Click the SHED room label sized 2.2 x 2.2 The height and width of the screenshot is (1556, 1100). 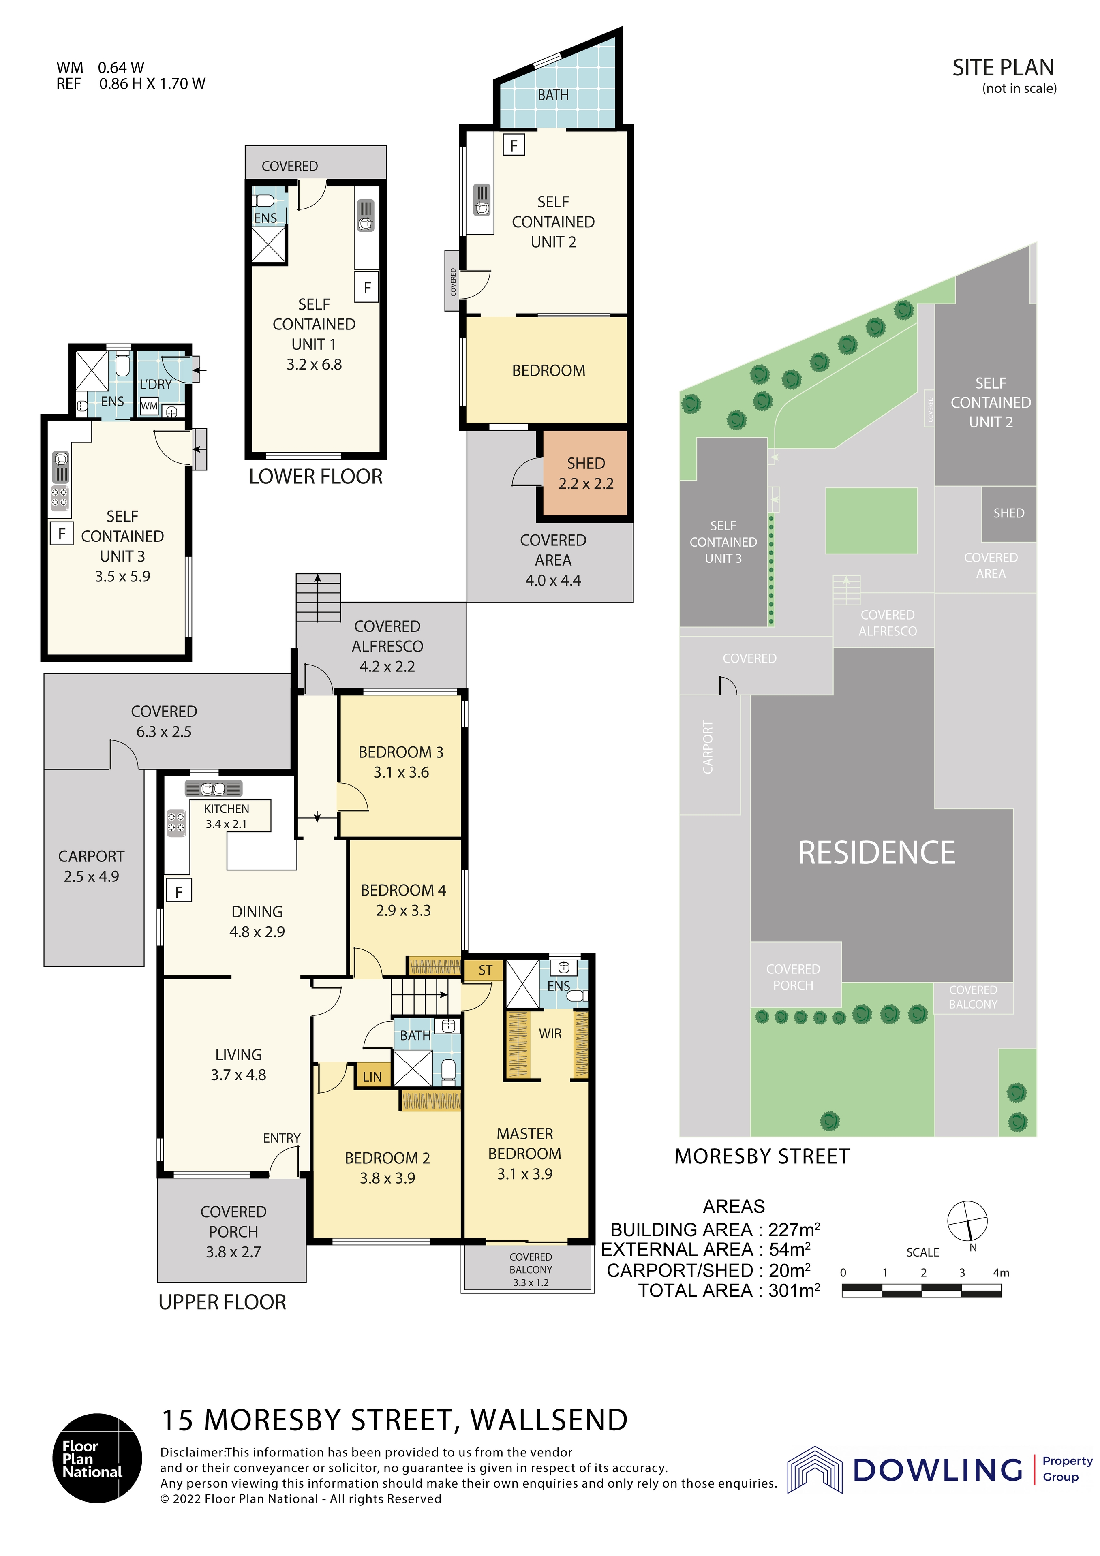586,473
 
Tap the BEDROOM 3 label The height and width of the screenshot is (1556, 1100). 400,762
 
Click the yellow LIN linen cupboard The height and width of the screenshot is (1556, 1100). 372,1076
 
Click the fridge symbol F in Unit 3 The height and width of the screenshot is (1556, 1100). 62,533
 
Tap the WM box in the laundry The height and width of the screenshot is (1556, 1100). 149,406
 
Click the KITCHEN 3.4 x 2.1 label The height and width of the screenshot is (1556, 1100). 227,816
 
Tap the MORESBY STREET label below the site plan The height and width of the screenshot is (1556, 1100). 762,1156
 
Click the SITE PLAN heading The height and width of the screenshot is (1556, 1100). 1003,68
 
